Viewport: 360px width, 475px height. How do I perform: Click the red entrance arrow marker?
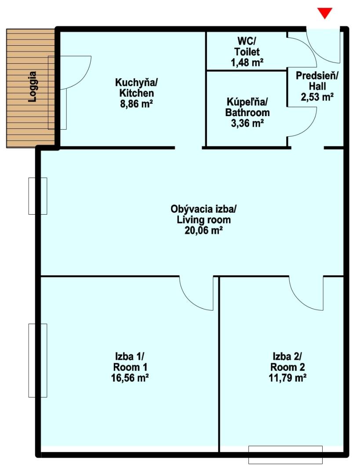324,13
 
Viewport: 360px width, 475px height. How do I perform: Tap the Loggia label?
32,87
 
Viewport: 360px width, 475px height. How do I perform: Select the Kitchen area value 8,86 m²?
136,104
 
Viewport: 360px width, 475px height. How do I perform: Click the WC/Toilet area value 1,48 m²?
247,62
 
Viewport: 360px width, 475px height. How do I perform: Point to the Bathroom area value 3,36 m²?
247,123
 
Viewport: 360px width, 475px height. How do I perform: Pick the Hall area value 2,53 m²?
317,97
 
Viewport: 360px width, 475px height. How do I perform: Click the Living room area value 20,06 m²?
204,230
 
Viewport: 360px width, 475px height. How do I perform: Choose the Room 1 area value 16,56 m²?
130,378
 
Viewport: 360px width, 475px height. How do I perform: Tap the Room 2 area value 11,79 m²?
287,378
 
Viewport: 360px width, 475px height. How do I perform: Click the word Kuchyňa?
137,82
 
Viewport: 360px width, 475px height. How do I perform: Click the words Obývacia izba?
204,209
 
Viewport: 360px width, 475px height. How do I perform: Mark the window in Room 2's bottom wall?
285,455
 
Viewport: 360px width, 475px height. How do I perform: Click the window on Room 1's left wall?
38,361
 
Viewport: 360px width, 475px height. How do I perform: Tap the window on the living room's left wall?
38,196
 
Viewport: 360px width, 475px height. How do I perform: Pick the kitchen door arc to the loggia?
86,78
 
